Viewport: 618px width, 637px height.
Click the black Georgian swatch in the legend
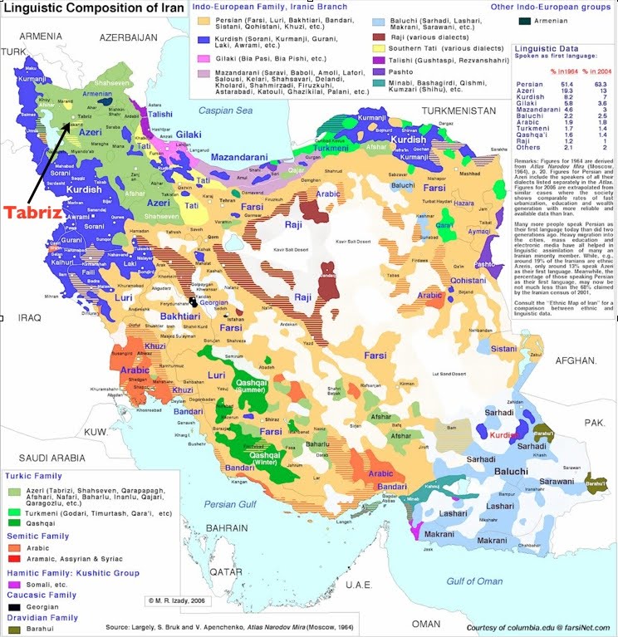point(13,607)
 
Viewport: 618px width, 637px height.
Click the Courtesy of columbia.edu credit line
point(536,626)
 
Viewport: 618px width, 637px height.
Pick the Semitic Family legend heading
point(41,537)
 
